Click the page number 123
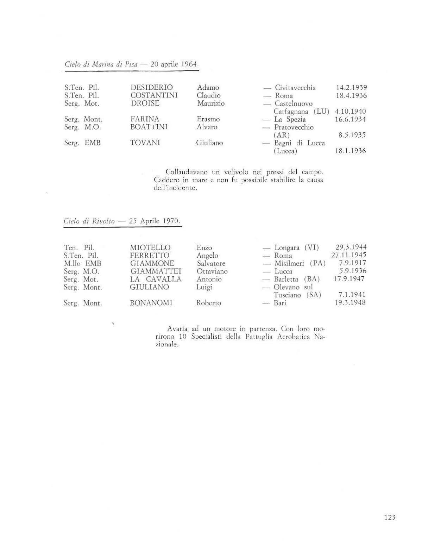[390, 517]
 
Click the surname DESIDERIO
[151, 87]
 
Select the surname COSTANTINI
[154, 95]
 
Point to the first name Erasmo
[208, 119]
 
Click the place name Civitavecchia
[295, 88]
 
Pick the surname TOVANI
[145, 143]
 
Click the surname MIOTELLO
[150, 247]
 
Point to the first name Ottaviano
[212, 271]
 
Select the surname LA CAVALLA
[156, 279]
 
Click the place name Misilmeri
[289, 263]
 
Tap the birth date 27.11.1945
[348, 255]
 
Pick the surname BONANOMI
[151, 303]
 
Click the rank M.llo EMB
[82, 263]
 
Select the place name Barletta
[286, 279]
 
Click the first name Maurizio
[210, 103]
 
